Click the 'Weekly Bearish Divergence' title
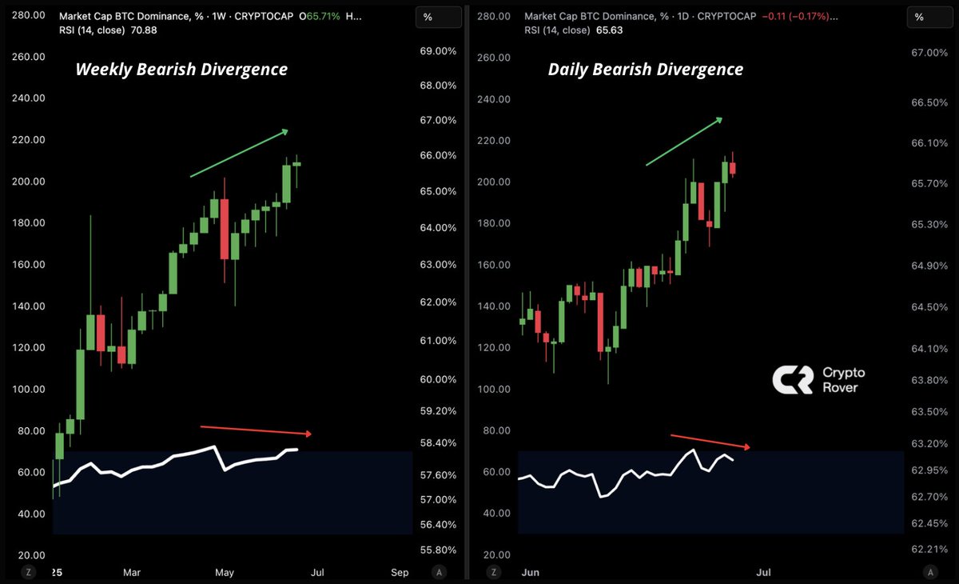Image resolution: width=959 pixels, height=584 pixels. (x=181, y=70)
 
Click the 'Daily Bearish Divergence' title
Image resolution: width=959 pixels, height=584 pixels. (x=645, y=70)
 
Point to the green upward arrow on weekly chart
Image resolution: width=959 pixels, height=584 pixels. (x=239, y=152)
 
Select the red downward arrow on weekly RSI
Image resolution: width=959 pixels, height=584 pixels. (x=259, y=430)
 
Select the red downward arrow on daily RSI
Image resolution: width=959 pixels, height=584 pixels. (x=711, y=441)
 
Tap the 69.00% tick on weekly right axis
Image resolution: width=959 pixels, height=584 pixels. (x=438, y=51)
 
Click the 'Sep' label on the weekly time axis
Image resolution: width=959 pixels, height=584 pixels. (x=400, y=572)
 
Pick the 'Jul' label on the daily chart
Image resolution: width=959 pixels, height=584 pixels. (x=763, y=572)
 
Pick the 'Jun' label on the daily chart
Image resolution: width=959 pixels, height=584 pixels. (x=531, y=572)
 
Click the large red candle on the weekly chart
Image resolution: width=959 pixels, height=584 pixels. (x=225, y=229)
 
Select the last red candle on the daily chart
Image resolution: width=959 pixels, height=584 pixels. (x=732, y=168)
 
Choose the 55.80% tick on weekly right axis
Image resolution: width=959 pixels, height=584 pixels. (x=438, y=550)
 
